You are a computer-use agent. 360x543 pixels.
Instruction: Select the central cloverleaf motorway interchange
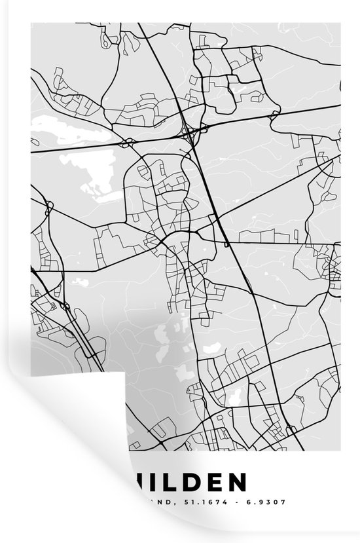point(190,134)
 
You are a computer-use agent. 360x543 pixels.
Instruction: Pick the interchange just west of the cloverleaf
point(128,141)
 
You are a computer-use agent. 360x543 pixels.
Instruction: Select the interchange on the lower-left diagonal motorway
point(65,306)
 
